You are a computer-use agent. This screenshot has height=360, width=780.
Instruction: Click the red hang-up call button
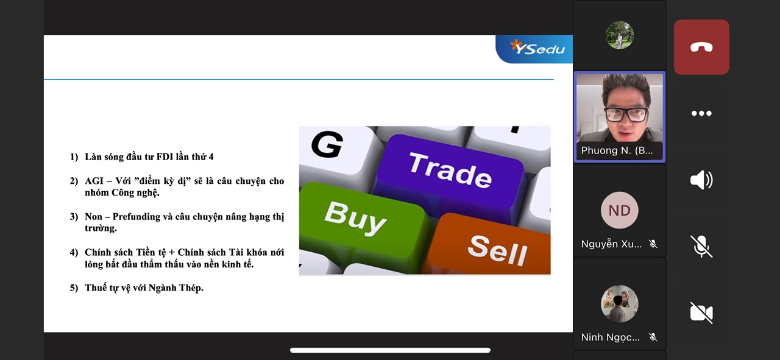701,47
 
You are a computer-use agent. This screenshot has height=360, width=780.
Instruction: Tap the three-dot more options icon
701,113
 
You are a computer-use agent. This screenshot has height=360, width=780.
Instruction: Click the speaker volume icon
701,180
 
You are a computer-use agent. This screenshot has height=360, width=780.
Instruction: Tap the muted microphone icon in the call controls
701,247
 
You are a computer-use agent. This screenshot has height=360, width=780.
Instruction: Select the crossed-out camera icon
701,312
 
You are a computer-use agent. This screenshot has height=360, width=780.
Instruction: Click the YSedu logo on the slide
537,48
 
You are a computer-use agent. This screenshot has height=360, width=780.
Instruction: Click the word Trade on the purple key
450,171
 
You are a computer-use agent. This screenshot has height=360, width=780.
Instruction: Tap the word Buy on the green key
355,217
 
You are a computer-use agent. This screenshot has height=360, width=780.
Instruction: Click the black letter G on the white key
327,144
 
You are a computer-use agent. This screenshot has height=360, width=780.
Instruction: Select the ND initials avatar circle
620,210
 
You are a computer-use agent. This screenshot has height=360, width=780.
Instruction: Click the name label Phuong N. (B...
617,150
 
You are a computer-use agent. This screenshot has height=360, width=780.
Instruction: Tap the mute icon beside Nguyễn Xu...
653,244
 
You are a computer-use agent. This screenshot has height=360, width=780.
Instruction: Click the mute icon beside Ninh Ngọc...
653,337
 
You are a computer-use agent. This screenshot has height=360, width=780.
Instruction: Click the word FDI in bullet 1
165,157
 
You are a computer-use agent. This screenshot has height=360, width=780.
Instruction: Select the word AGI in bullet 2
94,181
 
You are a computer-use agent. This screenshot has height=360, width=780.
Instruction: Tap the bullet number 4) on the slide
74,252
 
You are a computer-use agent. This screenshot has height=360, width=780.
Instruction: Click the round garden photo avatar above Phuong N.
620,35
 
